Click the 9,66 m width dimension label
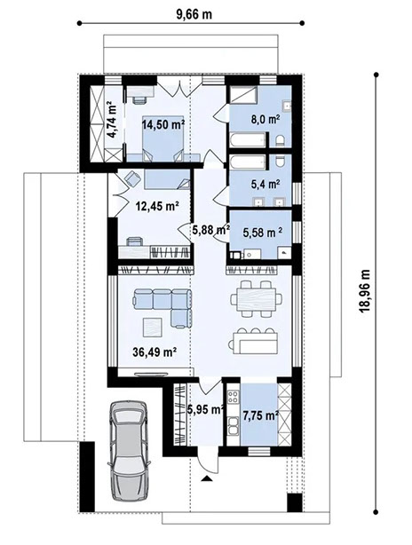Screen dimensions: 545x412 194,12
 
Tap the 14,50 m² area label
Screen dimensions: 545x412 165,125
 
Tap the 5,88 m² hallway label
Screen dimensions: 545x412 208,230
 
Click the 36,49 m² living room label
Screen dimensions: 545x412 154,351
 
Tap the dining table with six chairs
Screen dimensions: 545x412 253,299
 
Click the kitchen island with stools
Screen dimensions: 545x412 256,339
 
